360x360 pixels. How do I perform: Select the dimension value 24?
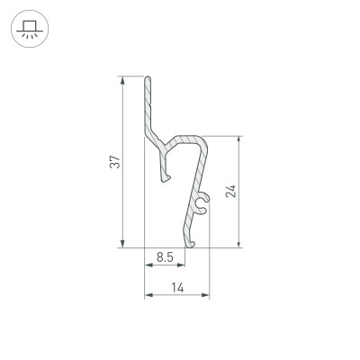tap(230, 191)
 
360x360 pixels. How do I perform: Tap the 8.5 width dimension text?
tap(164, 257)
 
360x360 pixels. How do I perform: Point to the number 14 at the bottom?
tap(176, 288)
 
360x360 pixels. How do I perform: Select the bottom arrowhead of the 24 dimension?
tap(238, 242)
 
